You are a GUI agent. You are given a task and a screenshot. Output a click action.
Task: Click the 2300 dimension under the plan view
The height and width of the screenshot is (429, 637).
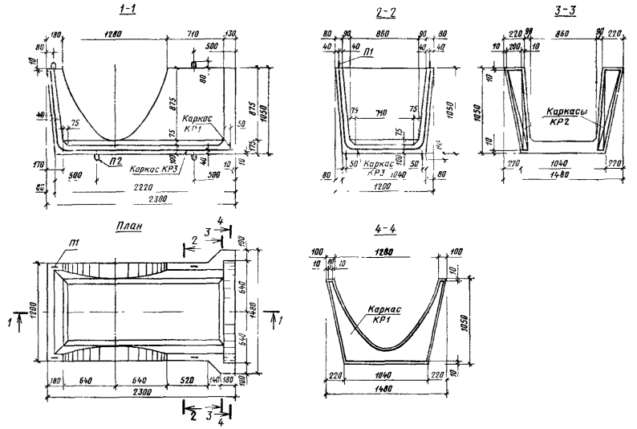136,394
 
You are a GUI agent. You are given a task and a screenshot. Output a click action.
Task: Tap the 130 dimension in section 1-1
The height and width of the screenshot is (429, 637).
231,35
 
